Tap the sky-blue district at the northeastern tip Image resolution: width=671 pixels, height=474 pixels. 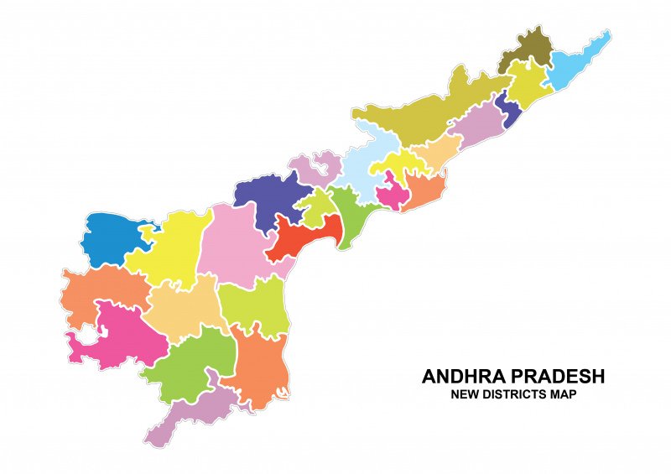(x=579, y=63)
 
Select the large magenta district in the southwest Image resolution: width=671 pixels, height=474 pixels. (x=122, y=336)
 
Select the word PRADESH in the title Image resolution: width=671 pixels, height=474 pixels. (x=563, y=377)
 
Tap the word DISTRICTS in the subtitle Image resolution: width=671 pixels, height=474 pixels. (x=516, y=394)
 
